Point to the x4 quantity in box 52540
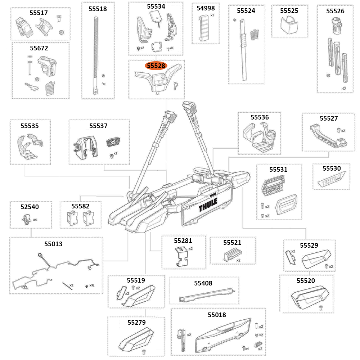click(x=35, y=220)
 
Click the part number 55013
click(x=53, y=244)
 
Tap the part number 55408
click(x=203, y=283)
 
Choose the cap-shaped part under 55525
click(x=289, y=24)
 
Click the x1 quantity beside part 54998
click(x=212, y=15)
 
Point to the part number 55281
click(x=183, y=240)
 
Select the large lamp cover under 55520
click(x=307, y=296)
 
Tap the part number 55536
click(x=260, y=117)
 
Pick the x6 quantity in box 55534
click(x=171, y=48)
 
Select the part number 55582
click(x=80, y=206)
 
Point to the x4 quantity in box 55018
click(x=247, y=348)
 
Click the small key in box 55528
click(x=175, y=85)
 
